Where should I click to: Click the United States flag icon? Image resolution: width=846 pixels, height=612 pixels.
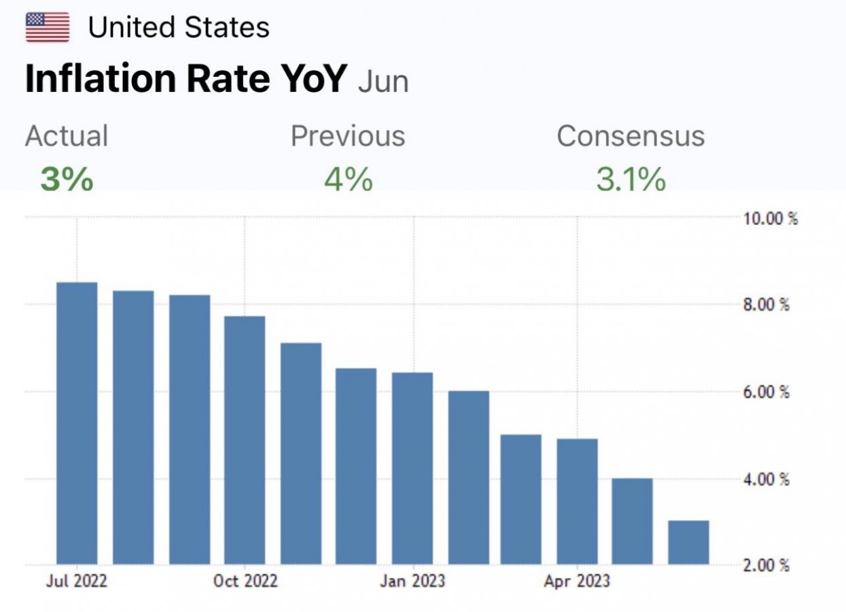[x=48, y=27]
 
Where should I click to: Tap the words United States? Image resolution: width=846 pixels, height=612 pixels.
[x=179, y=28]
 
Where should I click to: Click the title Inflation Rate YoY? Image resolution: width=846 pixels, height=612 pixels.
[x=186, y=79]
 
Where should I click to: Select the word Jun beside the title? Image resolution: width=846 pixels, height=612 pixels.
[x=383, y=82]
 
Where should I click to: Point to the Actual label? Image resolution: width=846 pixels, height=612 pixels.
[x=67, y=136]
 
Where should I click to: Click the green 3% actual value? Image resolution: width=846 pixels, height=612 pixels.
[x=67, y=180]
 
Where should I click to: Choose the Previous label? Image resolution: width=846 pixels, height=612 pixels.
[x=348, y=136]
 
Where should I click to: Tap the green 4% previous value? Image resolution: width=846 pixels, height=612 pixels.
[x=348, y=180]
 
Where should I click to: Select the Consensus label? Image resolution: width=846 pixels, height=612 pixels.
[x=631, y=136]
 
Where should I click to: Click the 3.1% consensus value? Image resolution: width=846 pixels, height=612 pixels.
[x=631, y=180]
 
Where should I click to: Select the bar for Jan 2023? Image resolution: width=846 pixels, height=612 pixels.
[x=412, y=469]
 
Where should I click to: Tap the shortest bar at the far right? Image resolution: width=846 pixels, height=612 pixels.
[x=688, y=543]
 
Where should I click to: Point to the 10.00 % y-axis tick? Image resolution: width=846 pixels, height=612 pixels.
[x=769, y=219]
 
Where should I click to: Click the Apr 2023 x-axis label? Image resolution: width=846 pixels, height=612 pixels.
[x=578, y=581]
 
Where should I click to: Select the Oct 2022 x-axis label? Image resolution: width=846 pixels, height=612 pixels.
[x=245, y=581]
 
